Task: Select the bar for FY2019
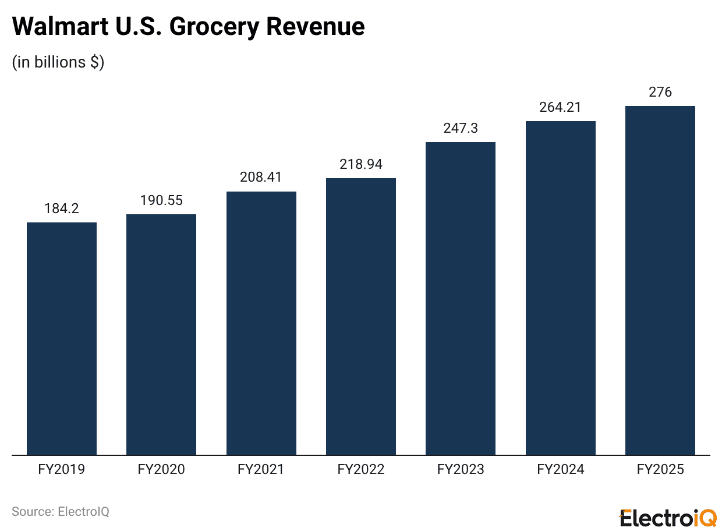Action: [x=62, y=338]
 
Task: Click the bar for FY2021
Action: [x=261, y=323]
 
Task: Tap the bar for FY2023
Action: [x=461, y=298]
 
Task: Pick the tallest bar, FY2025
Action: [x=660, y=280]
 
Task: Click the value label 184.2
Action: [x=62, y=208]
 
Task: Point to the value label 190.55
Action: [x=161, y=200]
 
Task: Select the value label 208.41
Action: [x=261, y=178]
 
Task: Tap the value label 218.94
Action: [x=361, y=164]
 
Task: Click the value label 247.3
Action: [x=461, y=128]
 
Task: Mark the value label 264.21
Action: [x=560, y=107]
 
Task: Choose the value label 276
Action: [x=660, y=92]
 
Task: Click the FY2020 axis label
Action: [x=161, y=469]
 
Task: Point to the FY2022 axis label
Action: [x=361, y=469]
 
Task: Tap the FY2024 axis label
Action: [x=560, y=469]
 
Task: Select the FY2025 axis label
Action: [x=660, y=469]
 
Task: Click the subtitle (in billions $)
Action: [x=58, y=62]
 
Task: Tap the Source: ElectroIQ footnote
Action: [x=61, y=512]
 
